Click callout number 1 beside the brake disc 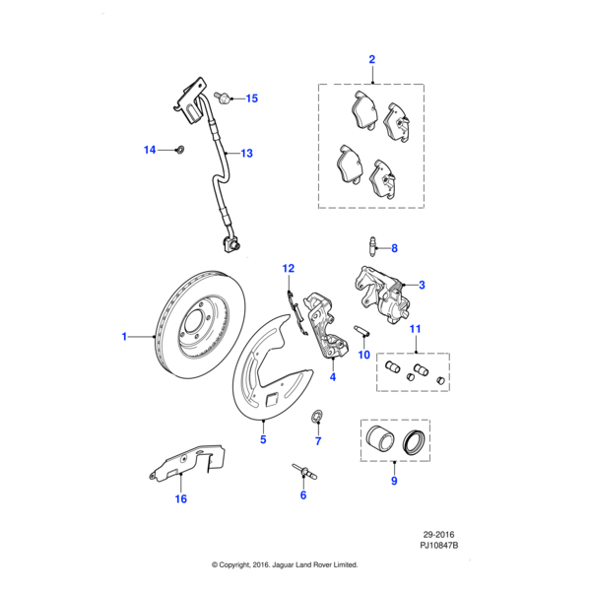pos(125,337)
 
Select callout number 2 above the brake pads pos(371,60)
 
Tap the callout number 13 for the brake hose pos(246,154)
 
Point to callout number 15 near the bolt pos(251,98)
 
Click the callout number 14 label pos(150,150)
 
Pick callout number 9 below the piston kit pos(393,482)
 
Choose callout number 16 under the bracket pos(180,498)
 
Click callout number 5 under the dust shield pos(263,439)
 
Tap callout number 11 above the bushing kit pos(415,328)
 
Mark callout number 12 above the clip pos(289,268)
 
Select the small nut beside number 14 pos(178,150)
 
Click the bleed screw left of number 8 pos(372,247)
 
